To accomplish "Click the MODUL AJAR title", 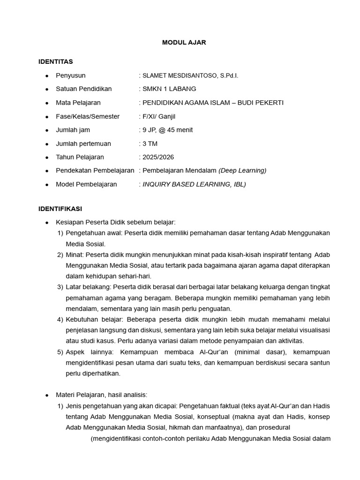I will point(184,42).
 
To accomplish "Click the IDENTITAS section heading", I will point(55,61).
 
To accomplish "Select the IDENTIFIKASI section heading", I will point(60,209).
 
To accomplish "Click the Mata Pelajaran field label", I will point(78,103).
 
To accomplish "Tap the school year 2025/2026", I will point(158,157).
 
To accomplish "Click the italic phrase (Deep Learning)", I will point(242,171).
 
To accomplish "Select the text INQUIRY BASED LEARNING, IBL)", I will point(194,184).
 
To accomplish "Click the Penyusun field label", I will point(70,75).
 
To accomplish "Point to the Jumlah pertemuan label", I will point(83,143).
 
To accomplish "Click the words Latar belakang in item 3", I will point(88,287).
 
